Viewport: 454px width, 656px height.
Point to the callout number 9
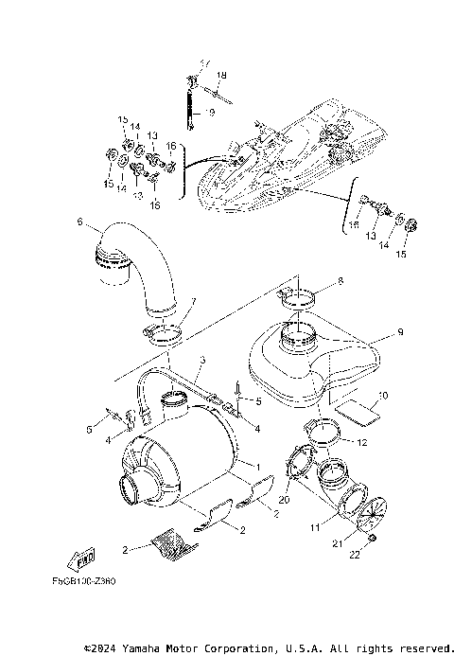(400, 332)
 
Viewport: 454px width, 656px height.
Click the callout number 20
(285, 499)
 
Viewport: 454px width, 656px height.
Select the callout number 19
(210, 112)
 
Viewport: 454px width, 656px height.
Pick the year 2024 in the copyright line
(105, 648)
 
